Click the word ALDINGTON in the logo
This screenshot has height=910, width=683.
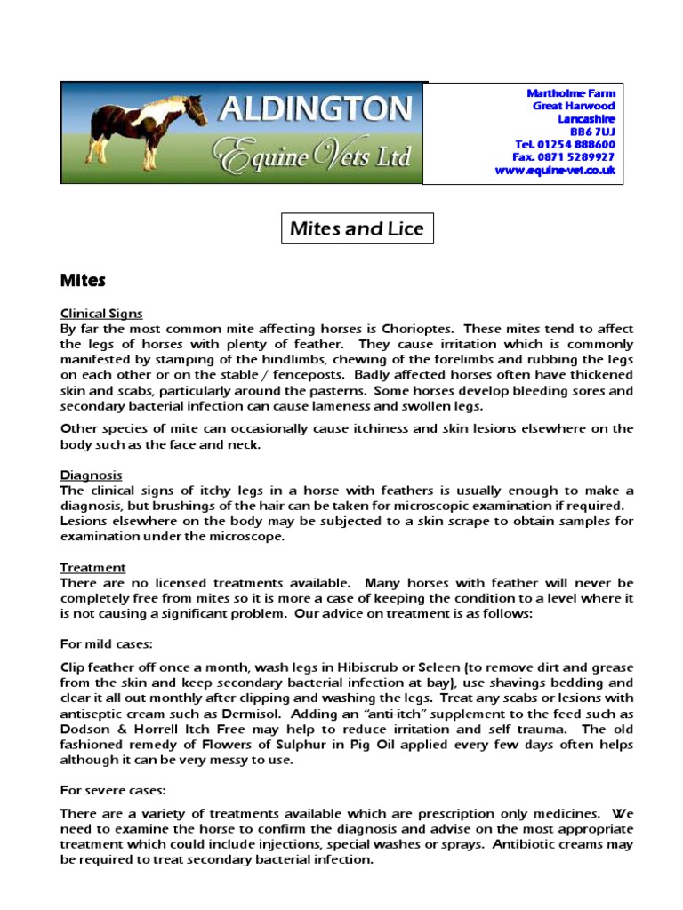pos(316,111)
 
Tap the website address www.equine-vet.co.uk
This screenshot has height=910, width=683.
pos(556,170)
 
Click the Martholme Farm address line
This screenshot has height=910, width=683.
pos(571,93)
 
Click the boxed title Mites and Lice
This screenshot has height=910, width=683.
pos(356,229)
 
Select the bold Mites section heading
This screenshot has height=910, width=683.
pos(83,281)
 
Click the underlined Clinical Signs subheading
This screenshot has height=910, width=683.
pos(101,314)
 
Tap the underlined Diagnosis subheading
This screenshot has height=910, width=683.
pos(91,475)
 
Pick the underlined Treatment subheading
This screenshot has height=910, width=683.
pos(92,567)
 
